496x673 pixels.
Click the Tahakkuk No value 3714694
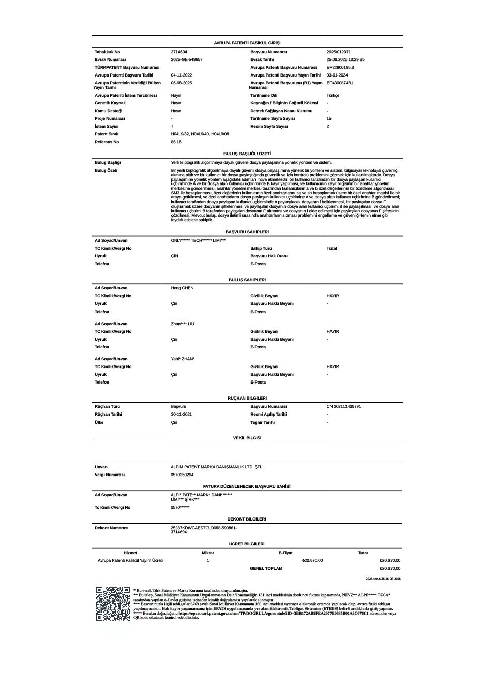[x=179, y=52]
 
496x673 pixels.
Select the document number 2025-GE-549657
[x=187, y=59]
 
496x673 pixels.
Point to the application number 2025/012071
[x=339, y=52]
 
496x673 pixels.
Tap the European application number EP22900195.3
[x=340, y=67]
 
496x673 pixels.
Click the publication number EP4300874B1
[x=340, y=83]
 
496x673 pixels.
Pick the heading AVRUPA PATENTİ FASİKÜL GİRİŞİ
[x=247, y=43]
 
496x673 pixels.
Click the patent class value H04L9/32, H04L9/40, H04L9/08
[x=200, y=134]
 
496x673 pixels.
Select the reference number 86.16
[x=176, y=142]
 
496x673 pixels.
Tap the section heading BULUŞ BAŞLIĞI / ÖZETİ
[x=247, y=154]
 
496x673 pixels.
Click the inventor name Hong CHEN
[x=182, y=288]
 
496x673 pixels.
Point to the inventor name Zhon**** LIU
[x=183, y=324]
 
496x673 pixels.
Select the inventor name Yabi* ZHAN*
[x=183, y=359]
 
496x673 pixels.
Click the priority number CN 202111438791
[x=344, y=406]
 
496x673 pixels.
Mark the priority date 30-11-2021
[x=182, y=414]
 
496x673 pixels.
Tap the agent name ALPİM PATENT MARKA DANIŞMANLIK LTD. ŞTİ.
[x=216, y=467]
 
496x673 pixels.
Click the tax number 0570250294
[x=182, y=475]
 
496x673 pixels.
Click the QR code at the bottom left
[x=113, y=603]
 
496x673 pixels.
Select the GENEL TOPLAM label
[x=266, y=568]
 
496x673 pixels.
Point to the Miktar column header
[x=208, y=553]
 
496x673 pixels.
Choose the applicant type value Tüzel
[x=332, y=248]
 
